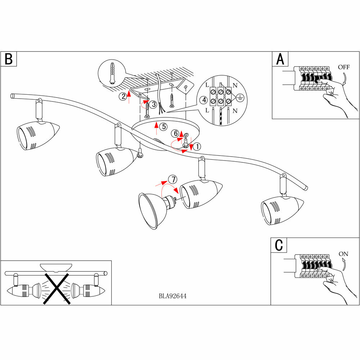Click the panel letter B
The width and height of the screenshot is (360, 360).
pos(9,59)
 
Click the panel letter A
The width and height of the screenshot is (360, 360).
pos(280,59)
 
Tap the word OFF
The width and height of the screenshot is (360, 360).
pos(344,67)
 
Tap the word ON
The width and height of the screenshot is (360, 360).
pos(343,254)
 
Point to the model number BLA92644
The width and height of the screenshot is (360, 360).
pos(172,296)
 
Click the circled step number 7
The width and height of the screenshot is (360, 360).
pos(173,179)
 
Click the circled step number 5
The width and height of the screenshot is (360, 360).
pos(163,126)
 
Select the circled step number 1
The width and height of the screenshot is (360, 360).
pos(197,147)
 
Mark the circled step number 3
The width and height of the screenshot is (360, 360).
pos(154,105)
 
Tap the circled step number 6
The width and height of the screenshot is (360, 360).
pos(176,133)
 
